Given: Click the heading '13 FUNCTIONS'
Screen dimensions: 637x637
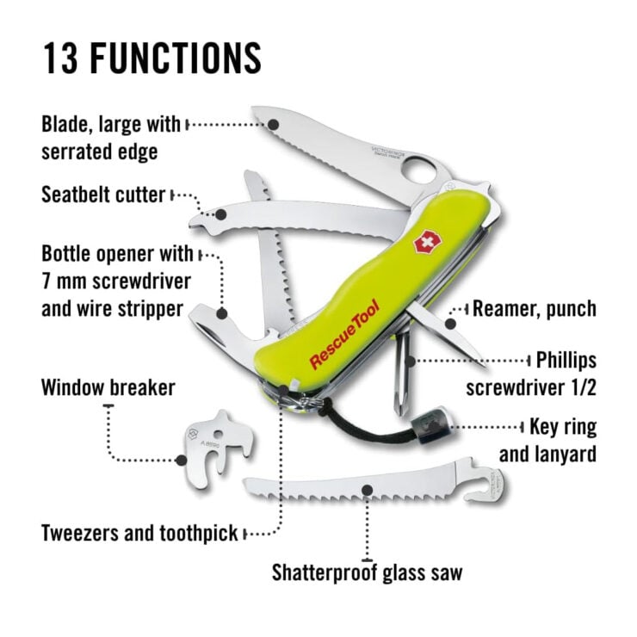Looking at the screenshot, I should [x=151, y=57].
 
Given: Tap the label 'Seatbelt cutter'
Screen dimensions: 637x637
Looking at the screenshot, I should [x=102, y=195].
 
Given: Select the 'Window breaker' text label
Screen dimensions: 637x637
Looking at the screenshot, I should [x=108, y=387].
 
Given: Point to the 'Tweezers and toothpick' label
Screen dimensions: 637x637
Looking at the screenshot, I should [x=139, y=533].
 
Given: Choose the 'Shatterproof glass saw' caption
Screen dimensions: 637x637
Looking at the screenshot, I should [x=368, y=572].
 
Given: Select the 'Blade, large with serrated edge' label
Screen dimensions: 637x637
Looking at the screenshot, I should [x=111, y=138].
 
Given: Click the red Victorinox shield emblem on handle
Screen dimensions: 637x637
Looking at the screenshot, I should [x=424, y=243].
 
